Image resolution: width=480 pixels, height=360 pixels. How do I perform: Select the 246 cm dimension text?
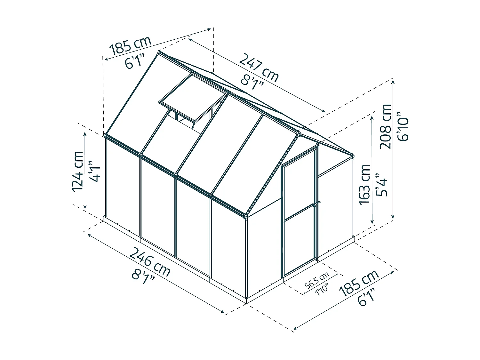149,262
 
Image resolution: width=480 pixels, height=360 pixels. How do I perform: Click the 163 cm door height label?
364,185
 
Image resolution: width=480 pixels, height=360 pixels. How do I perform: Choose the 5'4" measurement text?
382,185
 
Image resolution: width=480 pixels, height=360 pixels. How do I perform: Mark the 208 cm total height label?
385,126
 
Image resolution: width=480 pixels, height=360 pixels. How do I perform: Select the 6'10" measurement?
403,126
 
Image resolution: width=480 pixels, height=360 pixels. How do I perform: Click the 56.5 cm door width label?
316,280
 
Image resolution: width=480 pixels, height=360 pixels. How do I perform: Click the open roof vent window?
192,98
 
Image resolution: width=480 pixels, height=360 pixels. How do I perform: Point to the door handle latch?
316,204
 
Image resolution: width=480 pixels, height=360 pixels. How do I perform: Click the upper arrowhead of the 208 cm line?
393,82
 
